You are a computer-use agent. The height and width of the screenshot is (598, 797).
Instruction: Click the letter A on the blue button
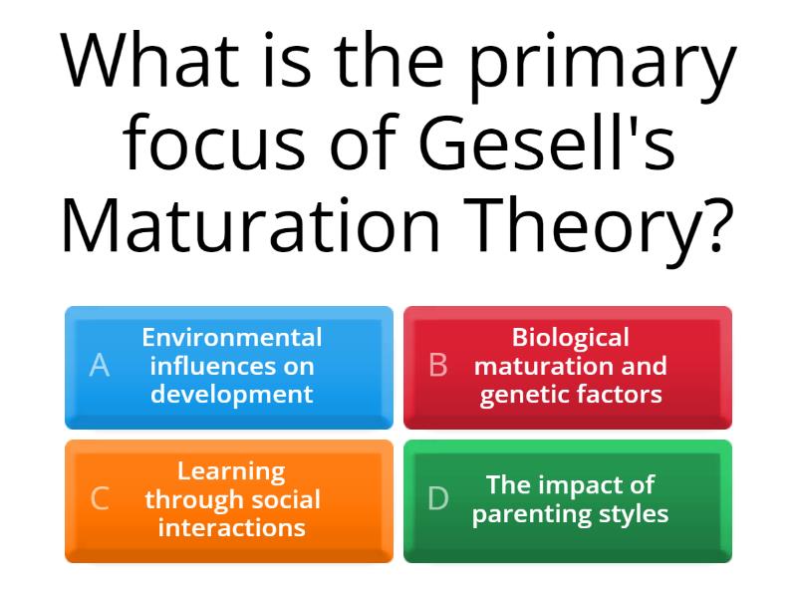point(99,366)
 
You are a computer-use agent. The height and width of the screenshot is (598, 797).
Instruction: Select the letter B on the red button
point(437,366)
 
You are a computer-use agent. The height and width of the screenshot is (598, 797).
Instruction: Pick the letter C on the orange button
point(100,498)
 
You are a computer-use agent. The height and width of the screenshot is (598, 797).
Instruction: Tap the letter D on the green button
point(438,498)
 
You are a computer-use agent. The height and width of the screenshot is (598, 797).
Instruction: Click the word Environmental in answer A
point(232,338)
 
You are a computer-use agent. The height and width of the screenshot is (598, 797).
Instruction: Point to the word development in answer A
point(232,394)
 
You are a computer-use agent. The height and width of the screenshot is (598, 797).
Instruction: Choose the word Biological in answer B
point(571,338)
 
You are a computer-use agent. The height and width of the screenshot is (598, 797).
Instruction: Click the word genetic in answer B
point(524,395)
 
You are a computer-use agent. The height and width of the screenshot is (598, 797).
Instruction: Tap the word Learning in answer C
point(231,470)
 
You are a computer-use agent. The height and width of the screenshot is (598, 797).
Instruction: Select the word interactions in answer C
point(232,526)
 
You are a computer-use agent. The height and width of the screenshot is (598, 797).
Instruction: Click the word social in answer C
point(282,498)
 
